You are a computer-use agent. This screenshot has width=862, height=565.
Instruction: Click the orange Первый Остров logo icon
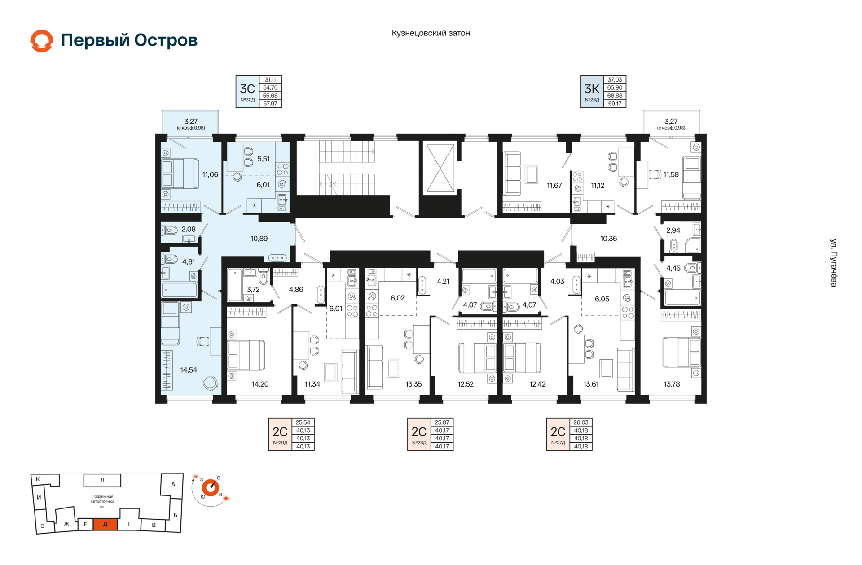(42, 41)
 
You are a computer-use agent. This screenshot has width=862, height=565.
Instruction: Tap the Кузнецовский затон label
(431, 33)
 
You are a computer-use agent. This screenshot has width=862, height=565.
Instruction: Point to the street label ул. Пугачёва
(833, 263)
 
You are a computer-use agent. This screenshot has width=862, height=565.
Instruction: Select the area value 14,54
(189, 370)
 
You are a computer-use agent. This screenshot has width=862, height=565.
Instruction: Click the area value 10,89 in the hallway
(259, 239)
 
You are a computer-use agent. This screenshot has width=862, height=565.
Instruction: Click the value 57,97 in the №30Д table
(270, 104)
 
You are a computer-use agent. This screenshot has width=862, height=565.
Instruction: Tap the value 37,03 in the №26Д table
(615, 80)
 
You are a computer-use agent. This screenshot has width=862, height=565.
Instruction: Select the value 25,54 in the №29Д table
(303, 422)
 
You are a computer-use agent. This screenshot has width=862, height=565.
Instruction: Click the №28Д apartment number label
(419, 443)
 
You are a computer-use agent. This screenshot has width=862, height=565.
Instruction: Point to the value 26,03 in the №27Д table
(581, 422)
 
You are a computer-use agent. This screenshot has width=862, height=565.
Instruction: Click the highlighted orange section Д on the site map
(106, 524)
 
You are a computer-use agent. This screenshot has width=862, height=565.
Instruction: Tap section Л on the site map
(102, 480)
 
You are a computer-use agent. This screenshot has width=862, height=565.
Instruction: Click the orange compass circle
(211, 487)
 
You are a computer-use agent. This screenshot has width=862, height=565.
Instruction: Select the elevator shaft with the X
(440, 168)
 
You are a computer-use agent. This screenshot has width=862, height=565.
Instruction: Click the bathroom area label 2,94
(673, 230)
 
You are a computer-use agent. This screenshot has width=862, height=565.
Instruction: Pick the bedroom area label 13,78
(672, 384)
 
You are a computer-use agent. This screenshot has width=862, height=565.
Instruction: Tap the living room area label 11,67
(554, 186)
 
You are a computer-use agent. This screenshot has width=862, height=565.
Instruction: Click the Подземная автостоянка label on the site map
(102, 499)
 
